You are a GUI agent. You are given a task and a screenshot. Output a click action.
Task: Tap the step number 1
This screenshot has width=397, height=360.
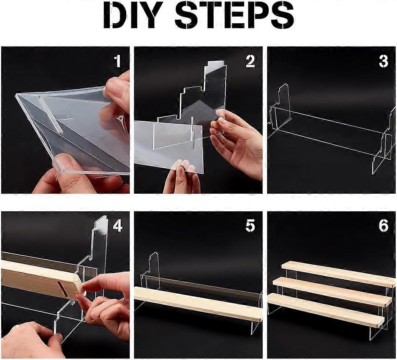[x=117, y=61]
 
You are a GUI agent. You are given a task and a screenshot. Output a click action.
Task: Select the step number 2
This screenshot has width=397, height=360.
[x=250, y=61]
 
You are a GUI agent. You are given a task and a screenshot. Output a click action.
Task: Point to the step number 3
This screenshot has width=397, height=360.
[x=383, y=61]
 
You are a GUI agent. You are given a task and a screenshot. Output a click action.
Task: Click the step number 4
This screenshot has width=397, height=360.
[x=117, y=226]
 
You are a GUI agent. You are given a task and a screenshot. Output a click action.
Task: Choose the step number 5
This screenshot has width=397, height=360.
[x=250, y=226]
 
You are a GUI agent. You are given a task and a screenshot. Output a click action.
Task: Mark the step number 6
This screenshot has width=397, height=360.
[x=383, y=226]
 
